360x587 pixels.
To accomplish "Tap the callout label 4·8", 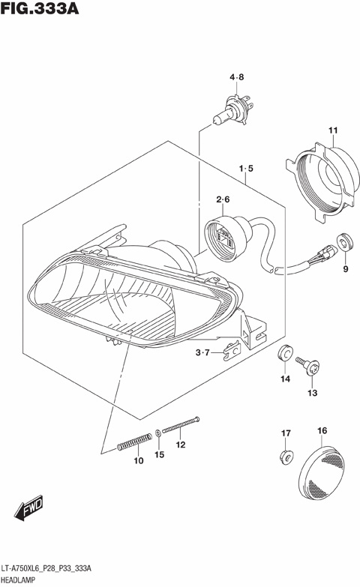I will coord(237,77).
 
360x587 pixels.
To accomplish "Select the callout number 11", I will coord(333,132).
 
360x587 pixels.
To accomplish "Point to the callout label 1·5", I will coord(247,169).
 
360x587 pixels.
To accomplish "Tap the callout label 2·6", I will coord(223,199).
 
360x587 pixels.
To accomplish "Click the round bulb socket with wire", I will coord(226,233).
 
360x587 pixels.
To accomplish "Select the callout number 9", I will coord(346,269).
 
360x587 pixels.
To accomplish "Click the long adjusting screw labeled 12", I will coord(180,425).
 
